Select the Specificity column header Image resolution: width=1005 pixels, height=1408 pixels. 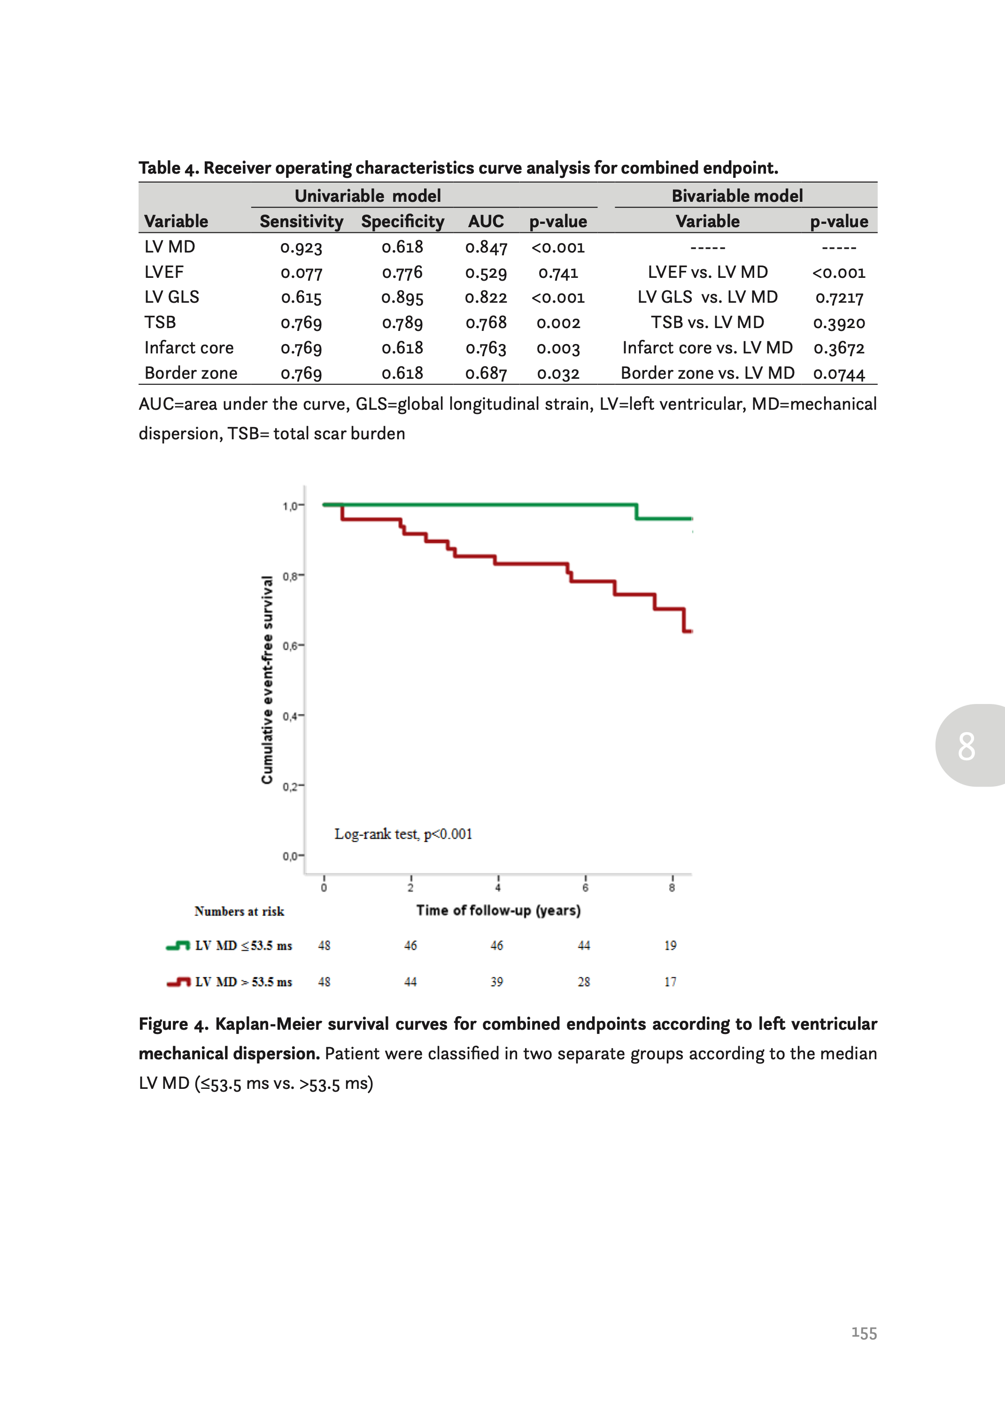402,222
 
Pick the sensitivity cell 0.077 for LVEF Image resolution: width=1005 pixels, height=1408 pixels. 301,273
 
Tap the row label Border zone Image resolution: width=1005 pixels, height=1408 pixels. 191,373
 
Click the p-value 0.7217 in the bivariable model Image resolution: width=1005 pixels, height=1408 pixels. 839,298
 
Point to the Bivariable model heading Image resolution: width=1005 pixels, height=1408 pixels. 737,196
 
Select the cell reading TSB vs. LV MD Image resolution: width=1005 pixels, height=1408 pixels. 707,322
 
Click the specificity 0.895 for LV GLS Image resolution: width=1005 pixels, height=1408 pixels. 402,298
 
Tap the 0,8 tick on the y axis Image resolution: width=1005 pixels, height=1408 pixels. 290,576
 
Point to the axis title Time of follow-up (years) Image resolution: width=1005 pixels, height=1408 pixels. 498,910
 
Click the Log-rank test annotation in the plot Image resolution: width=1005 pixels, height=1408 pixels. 403,834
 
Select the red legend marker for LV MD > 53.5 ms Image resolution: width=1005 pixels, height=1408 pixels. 178,982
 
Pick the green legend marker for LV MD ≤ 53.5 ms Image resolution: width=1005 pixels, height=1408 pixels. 178,945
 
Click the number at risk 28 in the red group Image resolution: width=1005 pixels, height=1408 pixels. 584,982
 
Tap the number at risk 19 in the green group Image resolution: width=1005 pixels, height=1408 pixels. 670,945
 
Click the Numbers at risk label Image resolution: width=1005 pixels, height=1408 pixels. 239,911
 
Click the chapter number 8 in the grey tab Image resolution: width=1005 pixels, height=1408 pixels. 966,746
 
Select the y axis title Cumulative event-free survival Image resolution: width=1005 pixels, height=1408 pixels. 267,680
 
